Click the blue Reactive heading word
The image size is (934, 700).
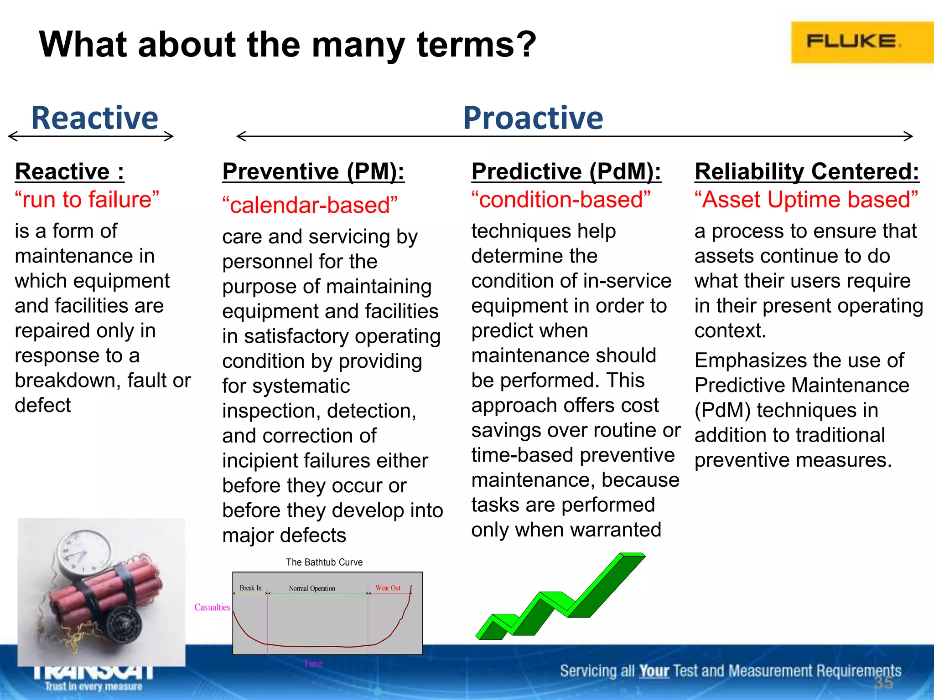click(x=94, y=118)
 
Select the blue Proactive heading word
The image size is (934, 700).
click(x=533, y=118)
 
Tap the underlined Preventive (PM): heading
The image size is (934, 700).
click(x=313, y=172)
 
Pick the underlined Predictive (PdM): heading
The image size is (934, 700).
click(x=566, y=172)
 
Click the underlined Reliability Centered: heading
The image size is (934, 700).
click(x=806, y=172)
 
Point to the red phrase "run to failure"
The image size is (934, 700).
click(x=87, y=200)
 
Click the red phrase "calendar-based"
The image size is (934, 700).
click(x=310, y=205)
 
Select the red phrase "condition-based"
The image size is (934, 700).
click(x=561, y=200)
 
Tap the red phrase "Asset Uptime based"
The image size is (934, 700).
click(x=806, y=200)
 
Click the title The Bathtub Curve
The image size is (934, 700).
click(x=324, y=562)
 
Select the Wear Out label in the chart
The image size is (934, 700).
click(x=388, y=588)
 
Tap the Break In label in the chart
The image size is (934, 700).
click(x=250, y=588)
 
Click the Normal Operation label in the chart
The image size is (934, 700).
click(x=312, y=588)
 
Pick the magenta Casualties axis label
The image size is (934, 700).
click(x=212, y=607)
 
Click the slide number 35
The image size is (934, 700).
click(x=883, y=683)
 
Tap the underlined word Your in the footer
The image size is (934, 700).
click(x=654, y=671)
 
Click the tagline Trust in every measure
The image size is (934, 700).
click(x=93, y=686)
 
